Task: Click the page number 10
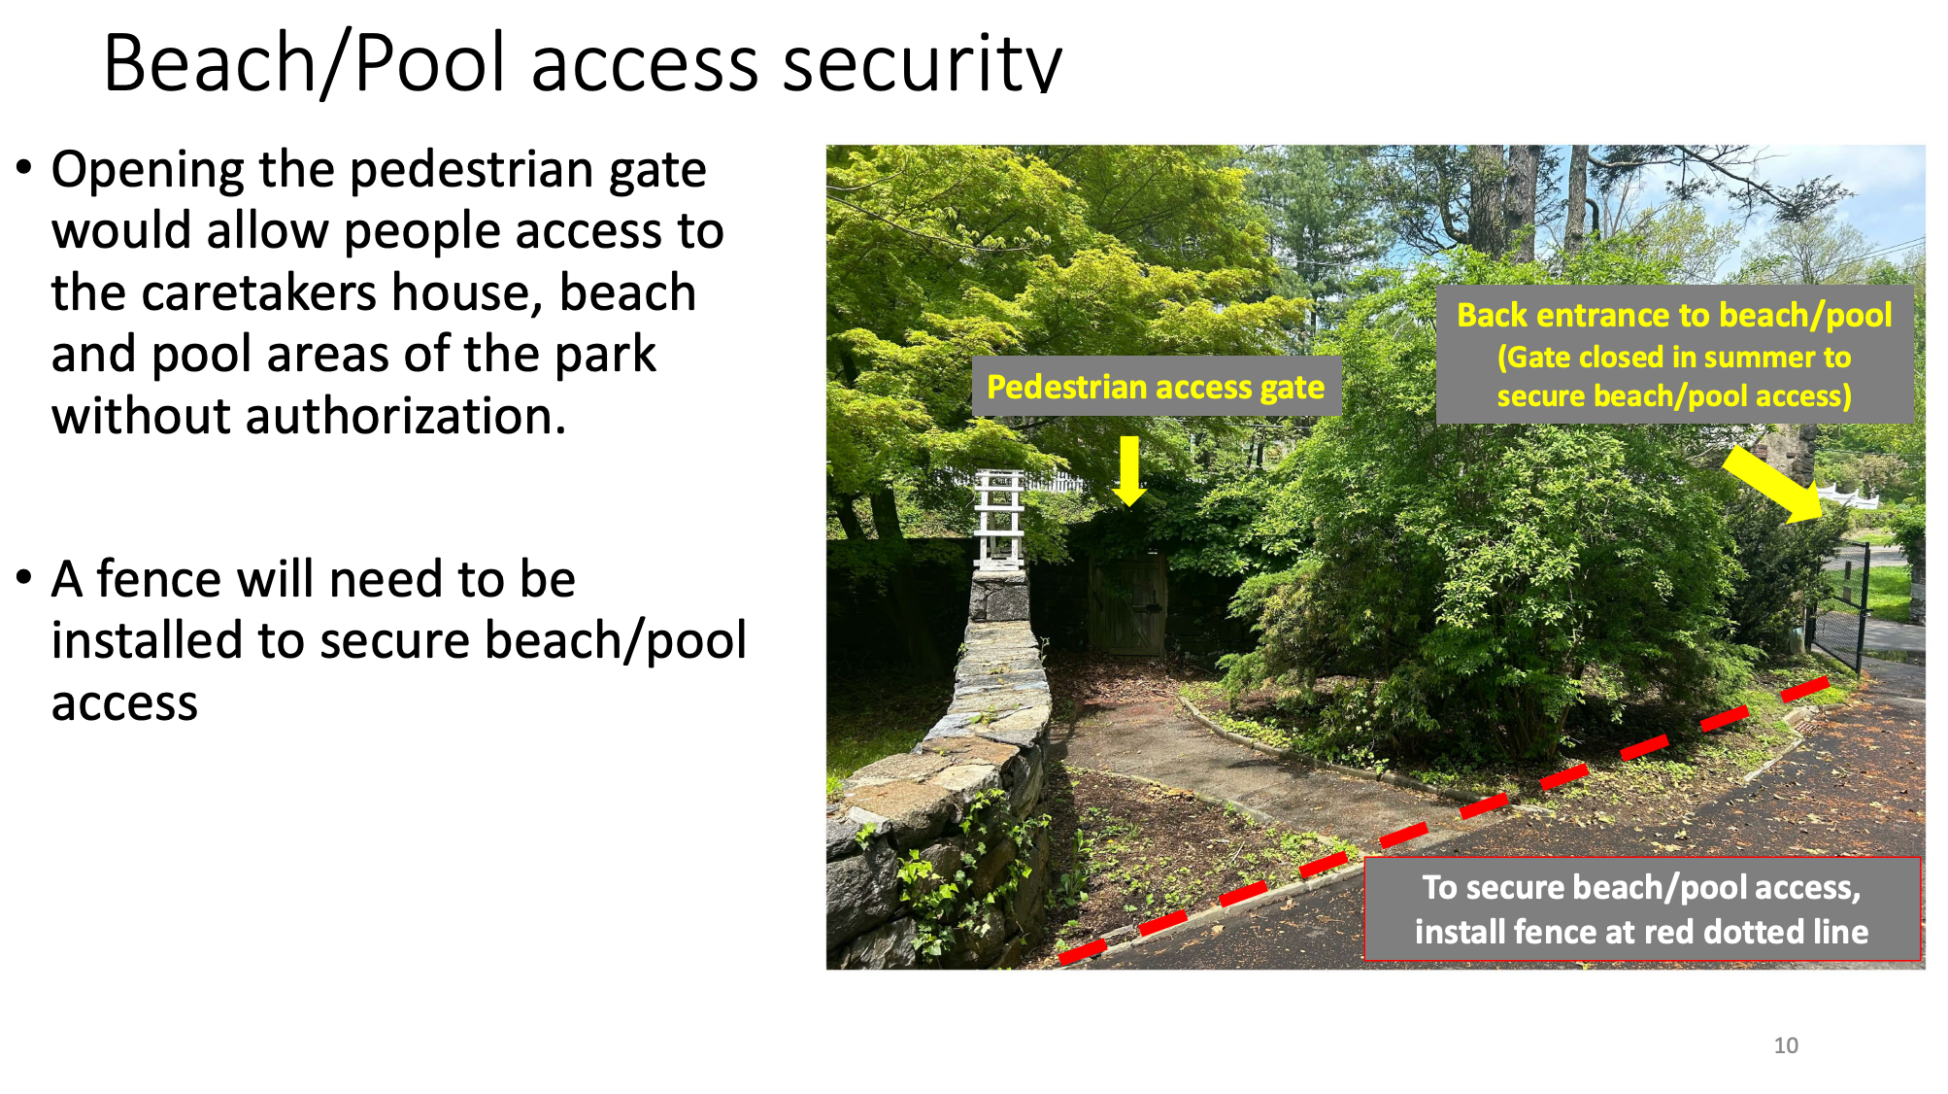[1786, 1045]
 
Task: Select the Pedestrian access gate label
[1156, 387]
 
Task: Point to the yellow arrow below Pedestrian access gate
[1128, 470]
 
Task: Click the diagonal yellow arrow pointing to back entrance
[1772, 485]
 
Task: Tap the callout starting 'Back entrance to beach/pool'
[1674, 355]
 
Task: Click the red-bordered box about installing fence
[1642, 909]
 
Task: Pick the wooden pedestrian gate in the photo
[1126, 604]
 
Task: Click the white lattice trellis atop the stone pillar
[999, 520]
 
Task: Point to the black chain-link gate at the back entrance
[1838, 608]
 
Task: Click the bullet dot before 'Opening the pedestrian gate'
[24, 169]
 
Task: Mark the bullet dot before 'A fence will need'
[24, 579]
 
